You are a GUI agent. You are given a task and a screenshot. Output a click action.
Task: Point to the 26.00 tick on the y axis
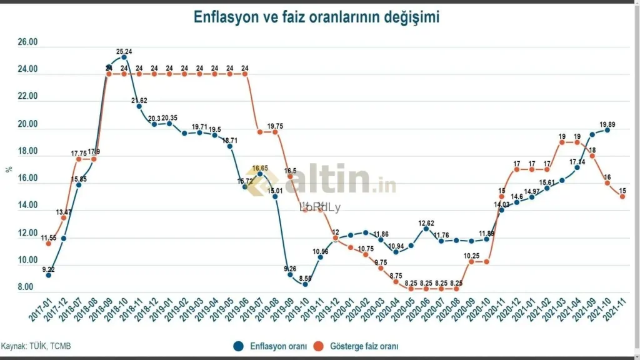(27, 43)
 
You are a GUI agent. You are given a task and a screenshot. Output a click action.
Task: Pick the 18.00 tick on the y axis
(27, 152)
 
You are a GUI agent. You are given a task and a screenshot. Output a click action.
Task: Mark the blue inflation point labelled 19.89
(607, 129)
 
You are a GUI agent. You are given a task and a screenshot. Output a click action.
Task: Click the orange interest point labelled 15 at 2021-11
(622, 196)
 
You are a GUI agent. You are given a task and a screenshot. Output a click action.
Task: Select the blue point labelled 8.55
(305, 284)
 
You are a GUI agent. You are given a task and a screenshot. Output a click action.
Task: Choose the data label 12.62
(426, 222)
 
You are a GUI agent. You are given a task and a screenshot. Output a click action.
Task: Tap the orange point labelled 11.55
(49, 243)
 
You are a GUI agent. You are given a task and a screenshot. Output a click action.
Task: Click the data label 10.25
(472, 256)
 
